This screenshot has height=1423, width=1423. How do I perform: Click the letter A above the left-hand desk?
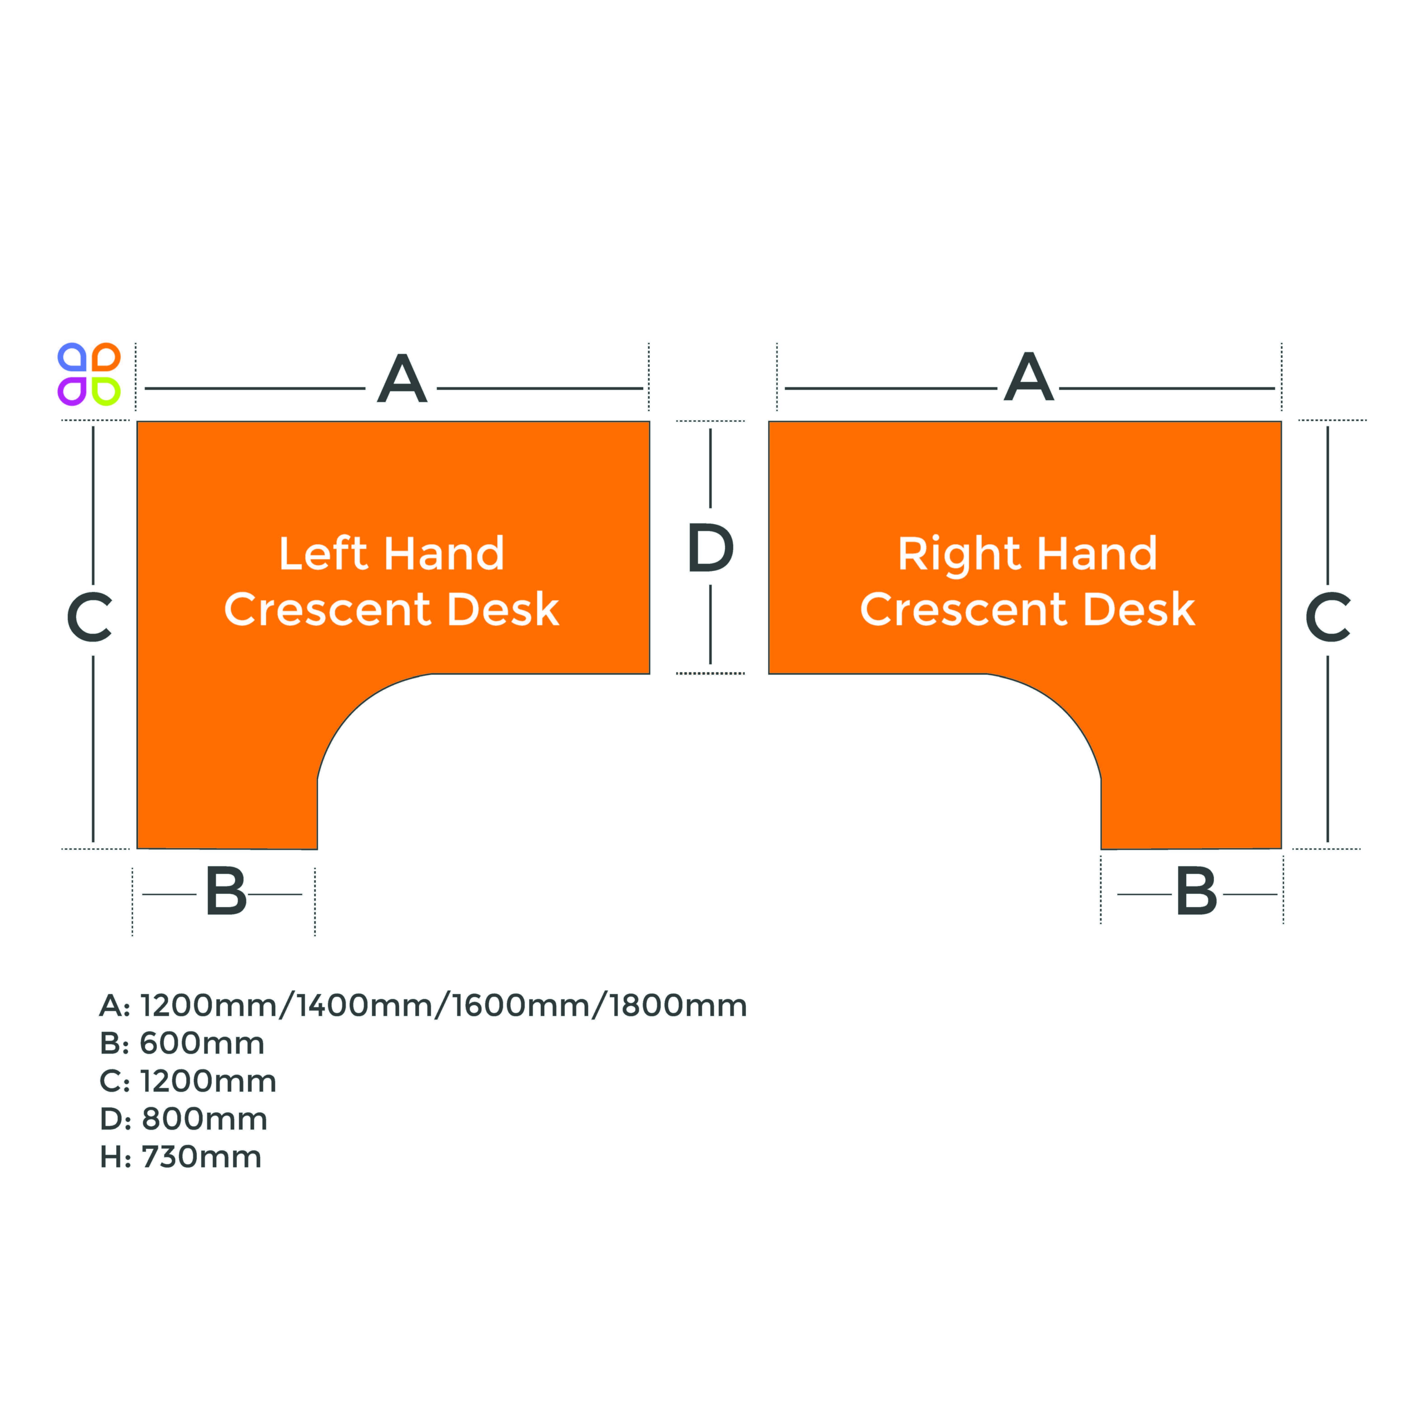coord(401,378)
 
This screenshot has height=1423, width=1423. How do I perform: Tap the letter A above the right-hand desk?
coord(1029,376)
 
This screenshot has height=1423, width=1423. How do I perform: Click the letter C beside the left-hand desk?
coord(89,616)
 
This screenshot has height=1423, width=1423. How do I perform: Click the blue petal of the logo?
coord(72,357)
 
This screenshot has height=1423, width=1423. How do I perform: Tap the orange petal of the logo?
coord(106,357)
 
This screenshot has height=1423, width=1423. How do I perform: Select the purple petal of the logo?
coord(72,391)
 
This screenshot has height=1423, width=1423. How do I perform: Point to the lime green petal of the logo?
coord(106,391)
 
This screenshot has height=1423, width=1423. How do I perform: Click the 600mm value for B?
coord(202,1043)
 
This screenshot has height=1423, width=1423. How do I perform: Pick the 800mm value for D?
coord(204,1119)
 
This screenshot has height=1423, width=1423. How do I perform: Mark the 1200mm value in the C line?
coord(208,1081)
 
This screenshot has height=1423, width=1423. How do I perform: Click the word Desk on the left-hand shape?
coord(503,609)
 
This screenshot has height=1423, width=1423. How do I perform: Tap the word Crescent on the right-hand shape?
coord(965,610)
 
